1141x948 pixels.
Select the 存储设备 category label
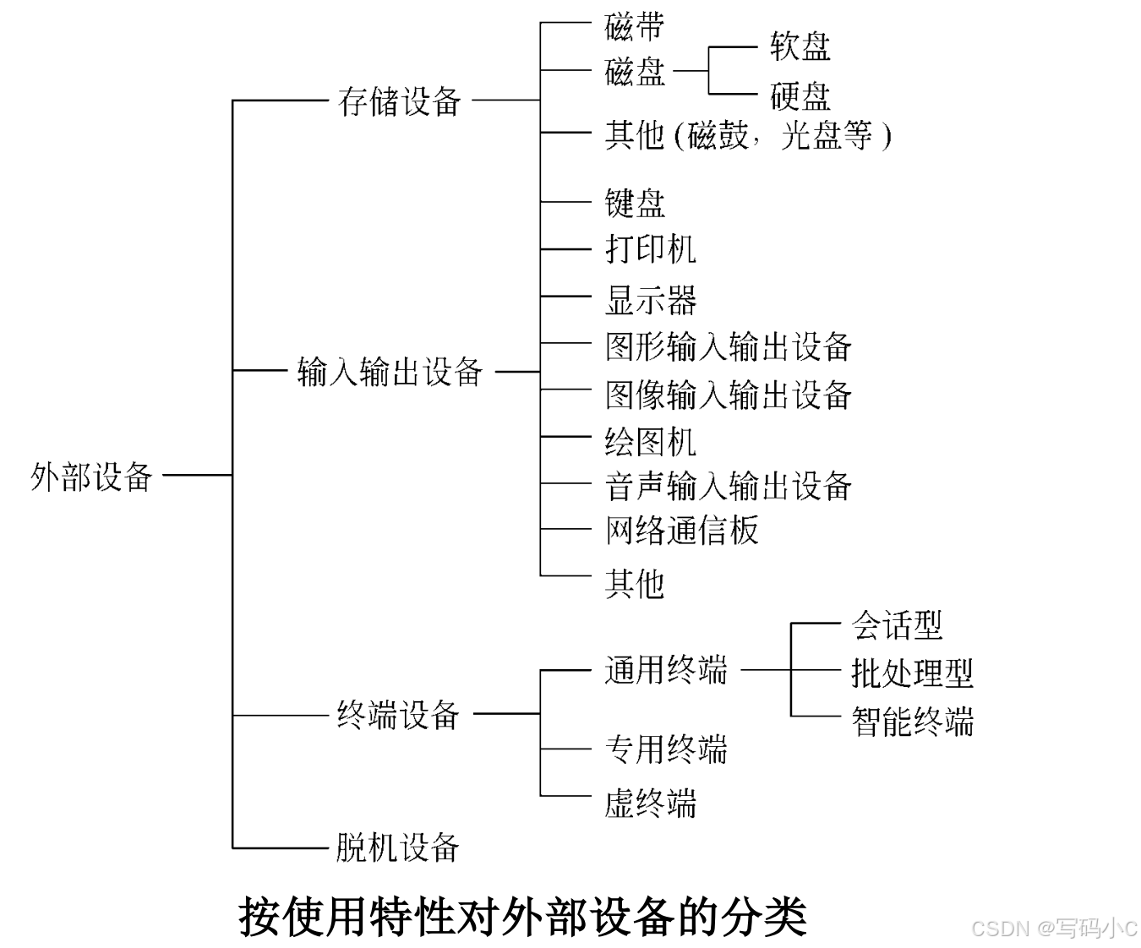coord(399,102)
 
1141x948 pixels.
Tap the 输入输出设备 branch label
coord(390,372)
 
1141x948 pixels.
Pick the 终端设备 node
coord(398,715)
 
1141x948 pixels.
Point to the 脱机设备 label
coord(397,847)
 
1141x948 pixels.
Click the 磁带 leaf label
coord(635,26)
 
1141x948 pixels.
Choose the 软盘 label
coord(800,46)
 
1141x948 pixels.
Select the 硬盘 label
coord(800,96)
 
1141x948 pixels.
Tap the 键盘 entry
coord(635,203)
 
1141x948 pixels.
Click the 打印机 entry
coord(650,249)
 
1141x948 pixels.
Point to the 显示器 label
coord(650,299)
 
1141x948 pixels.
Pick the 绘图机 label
coord(650,441)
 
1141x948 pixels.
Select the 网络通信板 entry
coord(681,531)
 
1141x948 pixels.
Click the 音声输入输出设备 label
coord(728,486)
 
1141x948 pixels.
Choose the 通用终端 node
coord(666,670)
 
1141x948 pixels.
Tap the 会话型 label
coord(896,625)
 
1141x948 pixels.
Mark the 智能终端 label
coord(912,722)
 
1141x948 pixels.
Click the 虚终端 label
coord(650,802)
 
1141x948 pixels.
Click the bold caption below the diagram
coord(523,917)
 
